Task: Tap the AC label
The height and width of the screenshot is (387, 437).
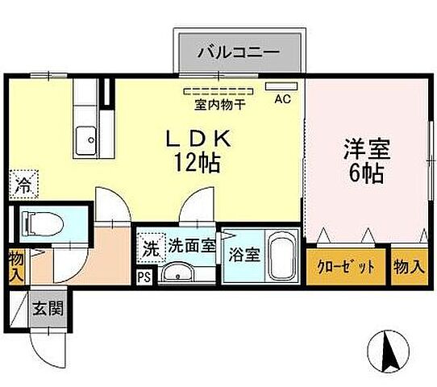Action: [282, 99]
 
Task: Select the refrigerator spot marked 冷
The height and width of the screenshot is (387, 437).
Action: [22, 185]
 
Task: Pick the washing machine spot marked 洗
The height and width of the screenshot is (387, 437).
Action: [150, 248]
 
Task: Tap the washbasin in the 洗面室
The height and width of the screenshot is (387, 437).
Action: [177, 274]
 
